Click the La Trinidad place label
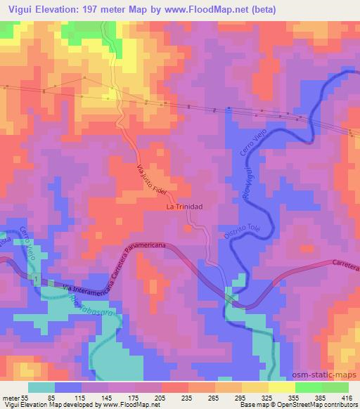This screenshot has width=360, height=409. (x=184, y=207)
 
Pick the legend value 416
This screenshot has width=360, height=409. (x=347, y=398)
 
